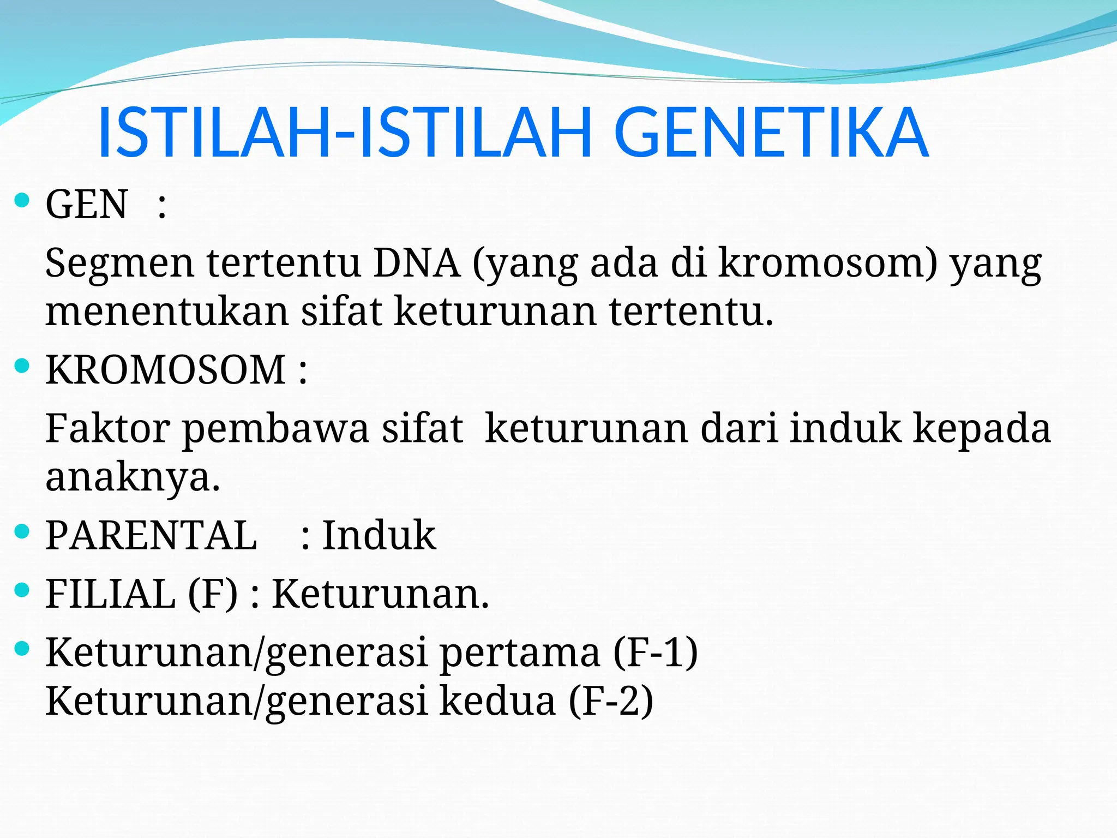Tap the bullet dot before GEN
[22, 201]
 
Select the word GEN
[87, 205]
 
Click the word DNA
[417, 264]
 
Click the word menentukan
[166, 312]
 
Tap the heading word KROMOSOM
[166, 370]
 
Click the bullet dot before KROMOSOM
[22, 366]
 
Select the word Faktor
[107, 429]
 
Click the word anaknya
[133, 477]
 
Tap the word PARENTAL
[151, 536]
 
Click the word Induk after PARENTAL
[379, 536]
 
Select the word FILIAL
[111, 594]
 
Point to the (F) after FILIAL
[213, 594]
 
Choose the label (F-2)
[611, 701]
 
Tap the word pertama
[520, 654]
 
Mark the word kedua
[497, 701]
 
